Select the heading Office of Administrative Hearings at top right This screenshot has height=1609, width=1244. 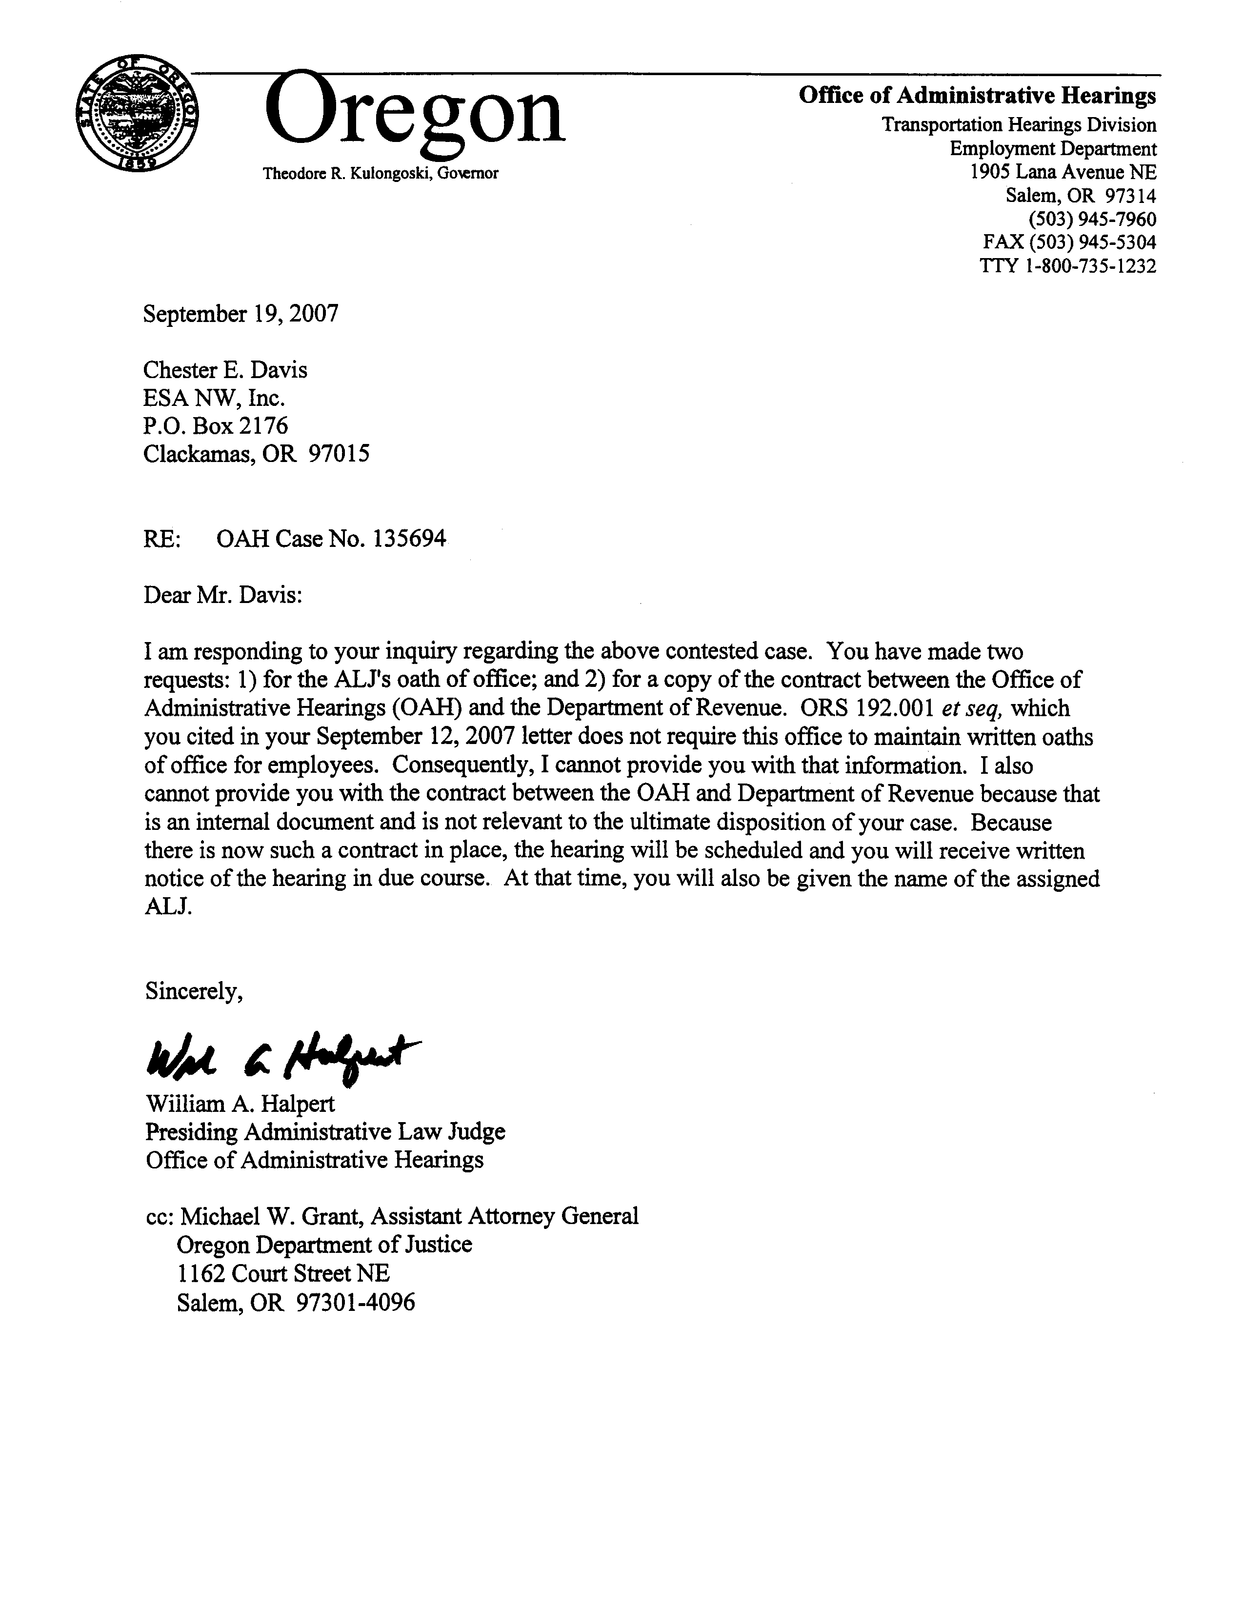pos(977,96)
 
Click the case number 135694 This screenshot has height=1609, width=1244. pos(409,539)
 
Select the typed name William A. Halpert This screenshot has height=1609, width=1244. pos(240,1104)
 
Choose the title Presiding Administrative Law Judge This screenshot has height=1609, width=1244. pos(325,1131)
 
